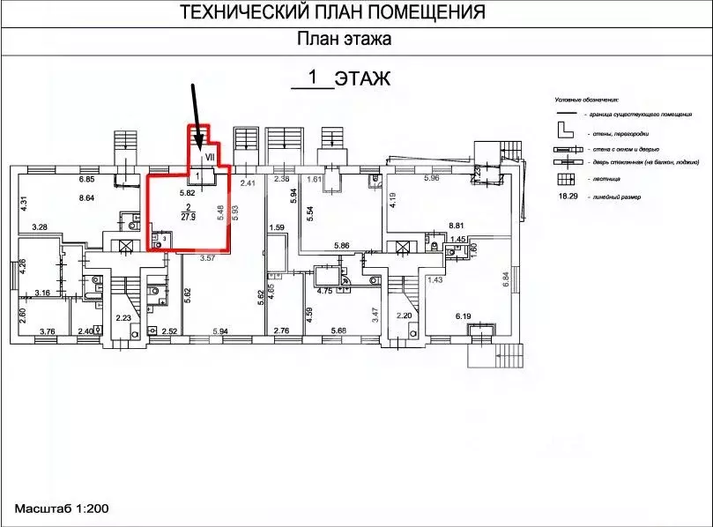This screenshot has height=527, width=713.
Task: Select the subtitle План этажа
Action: (x=344, y=39)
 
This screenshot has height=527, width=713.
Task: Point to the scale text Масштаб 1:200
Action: (x=60, y=509)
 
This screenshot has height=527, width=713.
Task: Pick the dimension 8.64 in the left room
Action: (x=87, y=199)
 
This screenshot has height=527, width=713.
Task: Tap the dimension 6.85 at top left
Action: (x=86, y=180)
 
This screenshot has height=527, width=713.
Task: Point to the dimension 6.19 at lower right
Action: (x=464, y=315)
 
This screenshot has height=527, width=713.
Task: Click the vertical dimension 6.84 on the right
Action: (x=507, y=280)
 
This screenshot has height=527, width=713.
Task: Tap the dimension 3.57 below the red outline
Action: (x=208, y=258)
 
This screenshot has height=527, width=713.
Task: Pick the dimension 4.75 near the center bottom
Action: (x=323, y=290)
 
